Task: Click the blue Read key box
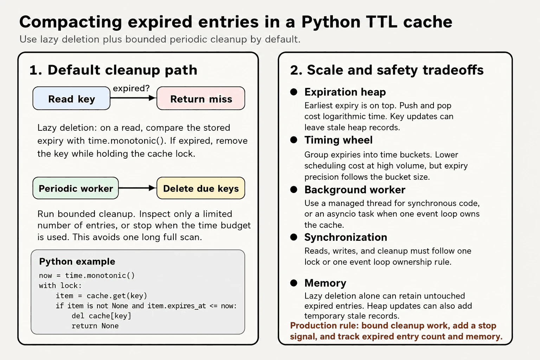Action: pos(71,98)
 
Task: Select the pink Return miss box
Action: pos(201,98)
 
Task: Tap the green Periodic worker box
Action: pos(76,188)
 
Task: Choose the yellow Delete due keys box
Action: pos(201,188)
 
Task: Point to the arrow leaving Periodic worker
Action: pos(137,188)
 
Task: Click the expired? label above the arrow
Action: pos(131,88)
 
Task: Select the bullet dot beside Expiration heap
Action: pos(294,92)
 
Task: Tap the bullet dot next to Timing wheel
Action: pos(294,140)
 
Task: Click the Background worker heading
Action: pos(355,190)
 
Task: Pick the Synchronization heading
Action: pos(346,237)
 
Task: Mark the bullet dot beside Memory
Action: pos(294,283)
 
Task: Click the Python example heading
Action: pos(77,262)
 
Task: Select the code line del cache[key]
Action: pos(101,316)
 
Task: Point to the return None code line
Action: pos(95,326)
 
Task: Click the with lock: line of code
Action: pos(60,286)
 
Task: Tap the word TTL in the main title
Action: pos(381,22)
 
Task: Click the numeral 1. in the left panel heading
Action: pos(36,70)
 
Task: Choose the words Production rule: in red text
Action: pos(324,326)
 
